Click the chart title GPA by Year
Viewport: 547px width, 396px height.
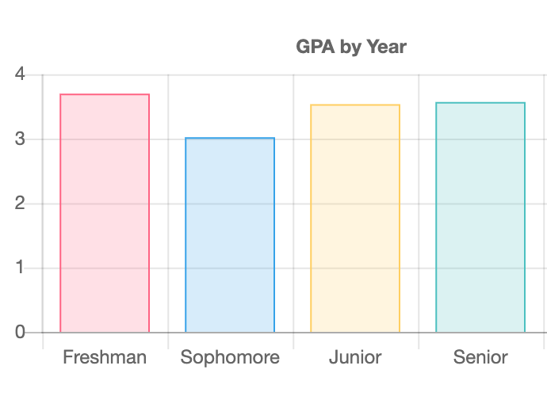[x=350, y=47]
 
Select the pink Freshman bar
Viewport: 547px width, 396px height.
[x=105, y=213]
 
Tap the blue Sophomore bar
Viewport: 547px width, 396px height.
[x=230, y=235]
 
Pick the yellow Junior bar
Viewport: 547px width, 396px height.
[x=355, y=219]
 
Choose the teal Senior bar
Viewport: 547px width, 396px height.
[x=480, y=217]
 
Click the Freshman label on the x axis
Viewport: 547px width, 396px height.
[x=105, y=357]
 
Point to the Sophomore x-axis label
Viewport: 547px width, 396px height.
[x=230, y=357]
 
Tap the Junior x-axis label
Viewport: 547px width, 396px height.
[x=355, y=357]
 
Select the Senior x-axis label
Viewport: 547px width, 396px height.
[x=480, y=357]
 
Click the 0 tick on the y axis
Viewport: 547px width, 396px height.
[x=20, y=332]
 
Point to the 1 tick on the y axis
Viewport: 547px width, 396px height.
[x=20, y=268]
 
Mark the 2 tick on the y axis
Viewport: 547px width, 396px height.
[x=20, y=204]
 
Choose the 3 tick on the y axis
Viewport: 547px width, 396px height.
[x=20, y=139]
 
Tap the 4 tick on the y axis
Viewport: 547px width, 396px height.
[x=20, y=75]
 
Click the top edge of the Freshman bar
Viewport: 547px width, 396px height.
[x=105, y=94]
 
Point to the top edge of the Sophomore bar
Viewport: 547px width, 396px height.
[x=230, y=138]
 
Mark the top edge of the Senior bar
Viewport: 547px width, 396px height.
[x=480, y=103]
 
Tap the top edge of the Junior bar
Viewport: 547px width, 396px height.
[x=355, y=105]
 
